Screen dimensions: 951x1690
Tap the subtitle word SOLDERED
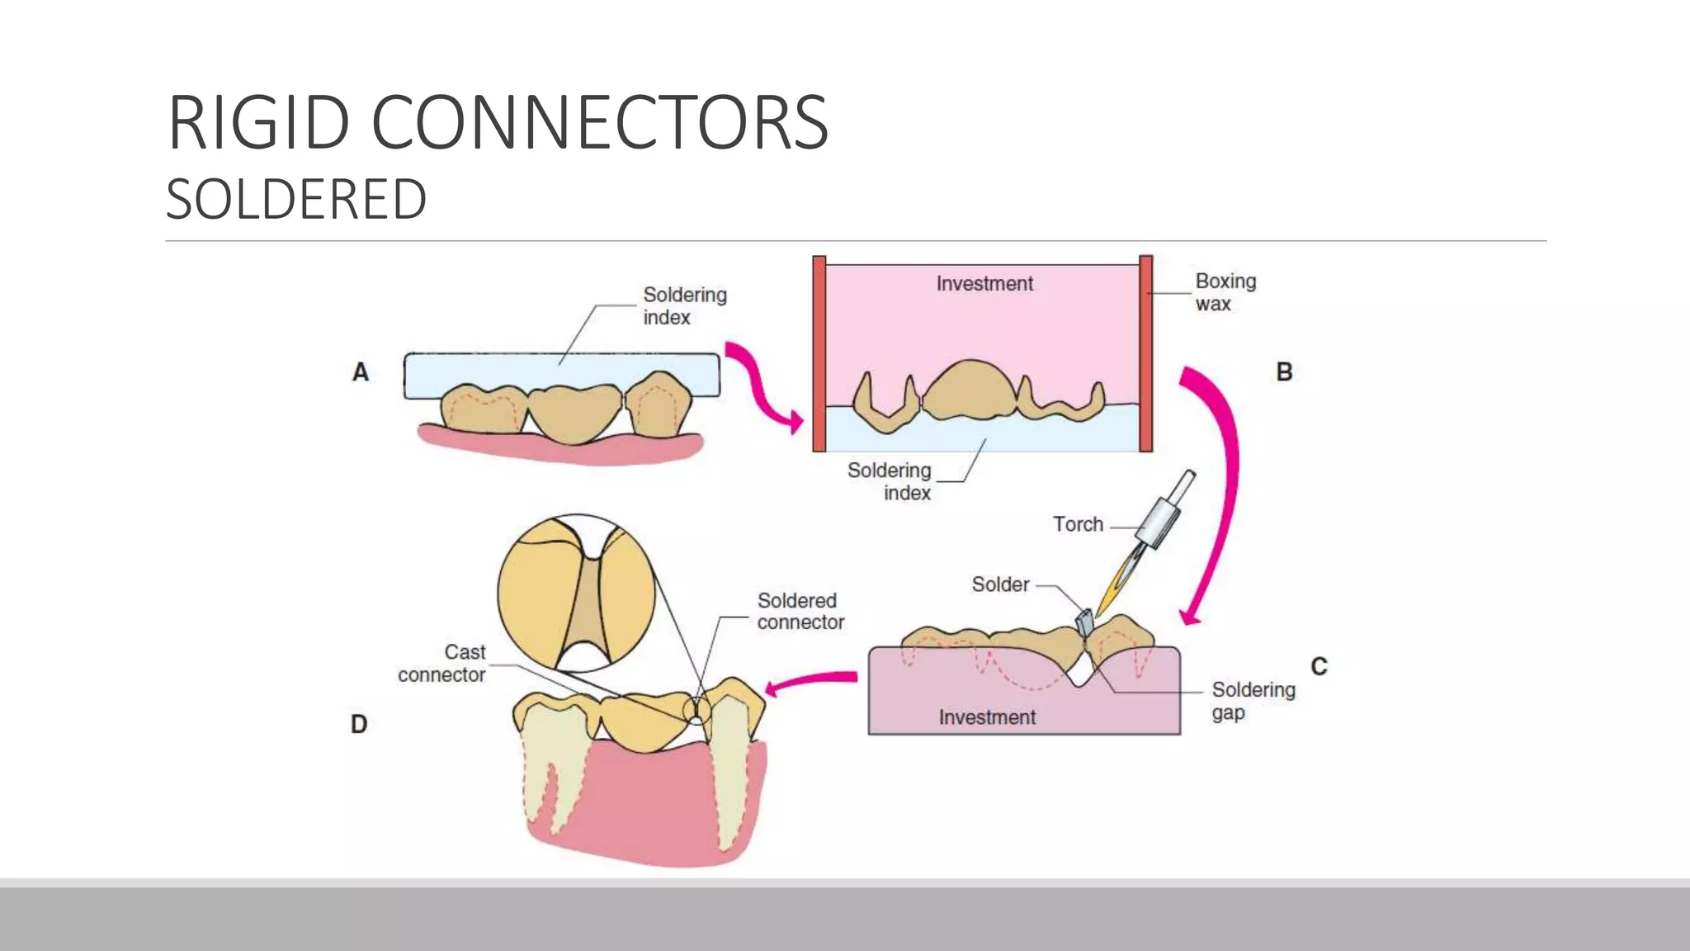[x=296, y=200]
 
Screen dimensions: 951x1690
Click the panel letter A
[x=361, y=372]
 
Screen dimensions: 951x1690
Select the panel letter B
[x=1284, y=371]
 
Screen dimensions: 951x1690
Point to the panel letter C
[x=1319, y=666]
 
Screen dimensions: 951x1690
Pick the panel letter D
[x=359, y=724]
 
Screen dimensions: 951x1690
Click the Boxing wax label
[x=1225, y=292]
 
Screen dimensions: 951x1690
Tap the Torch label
[x=1078, y=524]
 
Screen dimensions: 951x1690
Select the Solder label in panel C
[x=1000, y=584]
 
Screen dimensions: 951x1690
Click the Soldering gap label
[x=1253, y=701]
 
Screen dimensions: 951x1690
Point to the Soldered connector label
[x=800, y=611]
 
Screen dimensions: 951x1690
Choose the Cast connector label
[x=442, y=664]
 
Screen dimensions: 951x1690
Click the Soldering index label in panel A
[x=684, y=305]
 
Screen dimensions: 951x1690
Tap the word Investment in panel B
[x=984, y=284]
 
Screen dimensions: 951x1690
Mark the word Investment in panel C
[x=987, y=717]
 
